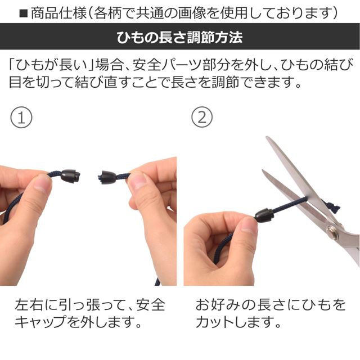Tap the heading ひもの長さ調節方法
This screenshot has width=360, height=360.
(x=179, y=38)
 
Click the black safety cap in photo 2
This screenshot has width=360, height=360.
(x=264, y=216)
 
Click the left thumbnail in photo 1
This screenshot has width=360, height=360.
(x=42, y=184)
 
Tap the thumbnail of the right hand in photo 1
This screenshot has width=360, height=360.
(x=137, y=181)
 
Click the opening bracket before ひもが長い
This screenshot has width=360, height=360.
(x=13, y=64)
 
